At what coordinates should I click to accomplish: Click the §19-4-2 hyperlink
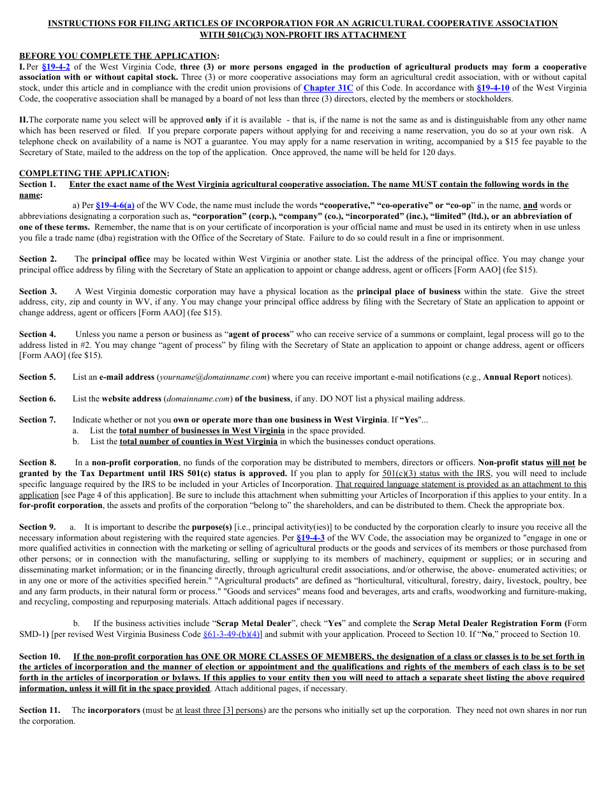click(55, 67)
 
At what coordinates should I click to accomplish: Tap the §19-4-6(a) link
click(115, 206)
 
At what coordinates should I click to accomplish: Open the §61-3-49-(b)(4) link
click(232, 634)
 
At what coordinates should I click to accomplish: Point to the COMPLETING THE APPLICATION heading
click(94, 174)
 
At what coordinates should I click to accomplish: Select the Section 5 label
click(37, 377)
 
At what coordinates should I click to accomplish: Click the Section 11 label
click(40, 710)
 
